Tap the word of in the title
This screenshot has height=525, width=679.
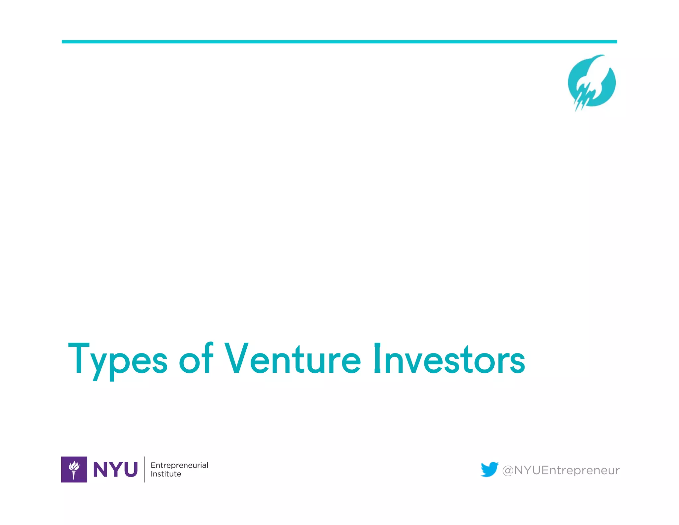[196, 359]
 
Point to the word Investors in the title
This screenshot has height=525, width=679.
[449, 359]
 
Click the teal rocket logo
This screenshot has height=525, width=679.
[591, 83]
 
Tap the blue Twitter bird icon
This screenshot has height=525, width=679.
[489, 469]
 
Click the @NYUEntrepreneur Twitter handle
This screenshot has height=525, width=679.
[561, 470]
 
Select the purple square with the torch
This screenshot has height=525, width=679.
[74, 469]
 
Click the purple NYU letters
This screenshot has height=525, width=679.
[115, 470]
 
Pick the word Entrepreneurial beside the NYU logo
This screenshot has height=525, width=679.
[179, 465]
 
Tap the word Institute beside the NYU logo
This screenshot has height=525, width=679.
[166, 474]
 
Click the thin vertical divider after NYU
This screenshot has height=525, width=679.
[144, 469]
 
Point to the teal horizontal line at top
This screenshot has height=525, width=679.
[339, 42]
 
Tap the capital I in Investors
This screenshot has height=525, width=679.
[377, 358]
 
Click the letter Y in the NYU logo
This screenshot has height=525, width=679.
[116, 470]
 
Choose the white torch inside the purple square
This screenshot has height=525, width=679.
[74, 470]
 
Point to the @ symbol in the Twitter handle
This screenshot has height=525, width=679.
[508, 471]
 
